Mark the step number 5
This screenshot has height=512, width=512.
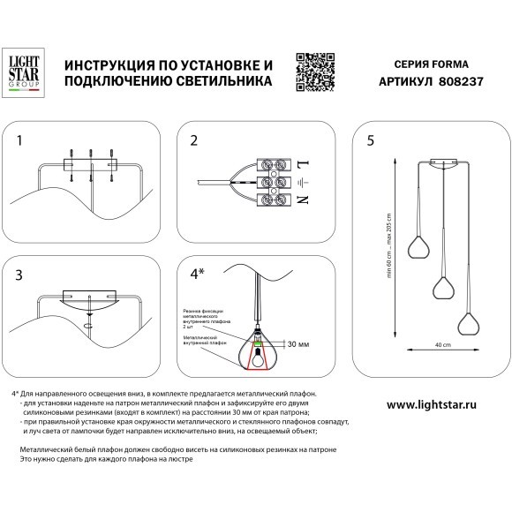tap(371, 140)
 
